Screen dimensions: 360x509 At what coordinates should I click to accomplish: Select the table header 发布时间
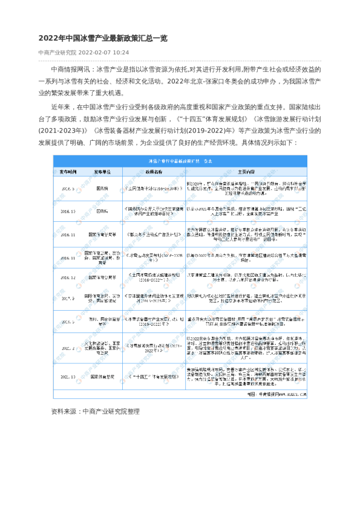coord(68,172)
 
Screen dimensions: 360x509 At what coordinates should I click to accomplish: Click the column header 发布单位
coord(103,172)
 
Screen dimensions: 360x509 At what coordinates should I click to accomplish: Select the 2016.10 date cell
coord(68,212)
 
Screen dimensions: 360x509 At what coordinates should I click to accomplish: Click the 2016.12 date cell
coord(68,277)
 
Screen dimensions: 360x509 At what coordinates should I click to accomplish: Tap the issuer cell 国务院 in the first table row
coord(103,189)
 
